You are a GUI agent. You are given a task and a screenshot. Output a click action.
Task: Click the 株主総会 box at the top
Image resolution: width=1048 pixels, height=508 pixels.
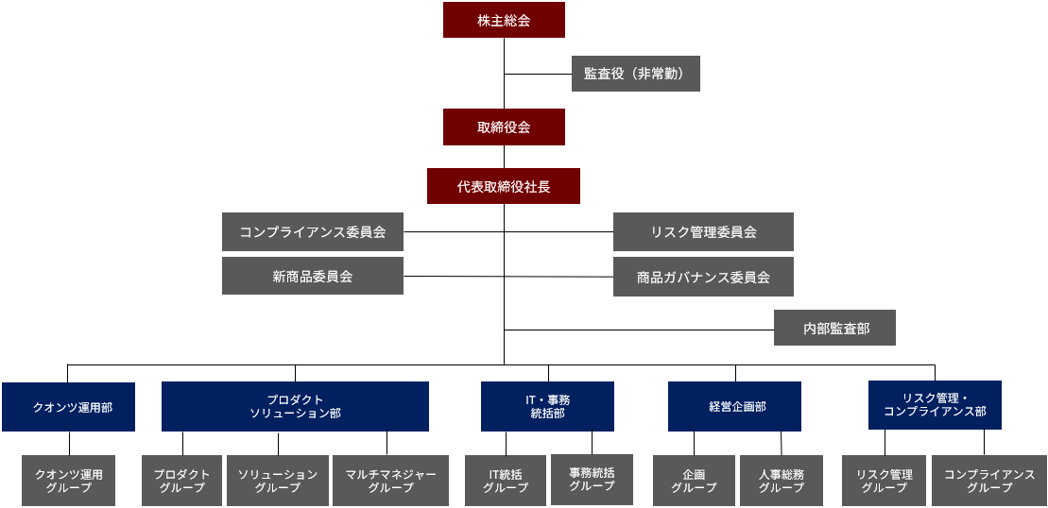click(x=504, y=20)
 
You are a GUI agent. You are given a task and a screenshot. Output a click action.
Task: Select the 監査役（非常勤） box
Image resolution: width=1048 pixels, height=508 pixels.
click(x=635, y=73)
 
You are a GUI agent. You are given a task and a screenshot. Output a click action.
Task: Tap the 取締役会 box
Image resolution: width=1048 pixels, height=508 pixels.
click(x=504, y=127)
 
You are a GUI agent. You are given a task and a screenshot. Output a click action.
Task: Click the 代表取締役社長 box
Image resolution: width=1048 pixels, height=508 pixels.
click(x=503, y=186)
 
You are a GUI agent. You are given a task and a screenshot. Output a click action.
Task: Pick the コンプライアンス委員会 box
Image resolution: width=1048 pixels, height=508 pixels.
click(x=313, y=231)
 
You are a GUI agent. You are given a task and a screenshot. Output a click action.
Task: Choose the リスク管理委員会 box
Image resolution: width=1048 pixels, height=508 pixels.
click(x=703, y=231)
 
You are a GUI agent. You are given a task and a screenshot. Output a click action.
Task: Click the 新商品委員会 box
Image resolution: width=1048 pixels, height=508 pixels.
click(x=313, y=276)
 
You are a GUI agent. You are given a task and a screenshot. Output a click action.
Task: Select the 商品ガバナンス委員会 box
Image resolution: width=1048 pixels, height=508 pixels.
click(x=703, y=277)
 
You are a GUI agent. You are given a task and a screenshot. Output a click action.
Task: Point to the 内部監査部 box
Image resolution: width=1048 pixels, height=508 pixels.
click(x=834, y=328)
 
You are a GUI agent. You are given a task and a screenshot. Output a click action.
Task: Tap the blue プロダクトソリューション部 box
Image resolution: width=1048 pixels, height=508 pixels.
click(x=295, y=406)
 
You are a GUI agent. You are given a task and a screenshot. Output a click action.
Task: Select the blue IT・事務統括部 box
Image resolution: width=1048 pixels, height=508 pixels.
click(x=547, y=406)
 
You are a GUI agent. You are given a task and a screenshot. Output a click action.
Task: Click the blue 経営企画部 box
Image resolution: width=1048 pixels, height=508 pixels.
click(x=734, y=406)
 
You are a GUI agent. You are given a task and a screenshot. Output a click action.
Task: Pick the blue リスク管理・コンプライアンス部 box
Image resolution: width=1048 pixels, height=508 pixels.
click(x=935, y=404)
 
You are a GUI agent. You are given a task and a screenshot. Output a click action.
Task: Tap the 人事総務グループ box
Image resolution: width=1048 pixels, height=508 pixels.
click(x=782, y=481)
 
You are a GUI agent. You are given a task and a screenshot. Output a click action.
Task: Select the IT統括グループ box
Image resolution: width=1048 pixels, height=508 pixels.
click(x=505, y=481)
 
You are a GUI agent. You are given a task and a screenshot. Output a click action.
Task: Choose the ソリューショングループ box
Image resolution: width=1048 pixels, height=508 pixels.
click(x=277, y=481)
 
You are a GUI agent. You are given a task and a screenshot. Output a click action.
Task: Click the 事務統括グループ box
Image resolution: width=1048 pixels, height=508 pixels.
click(x=592, y=479)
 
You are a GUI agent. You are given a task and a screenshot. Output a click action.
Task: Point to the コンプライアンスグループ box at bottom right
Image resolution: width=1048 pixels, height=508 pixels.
click(x=988, y=481)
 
